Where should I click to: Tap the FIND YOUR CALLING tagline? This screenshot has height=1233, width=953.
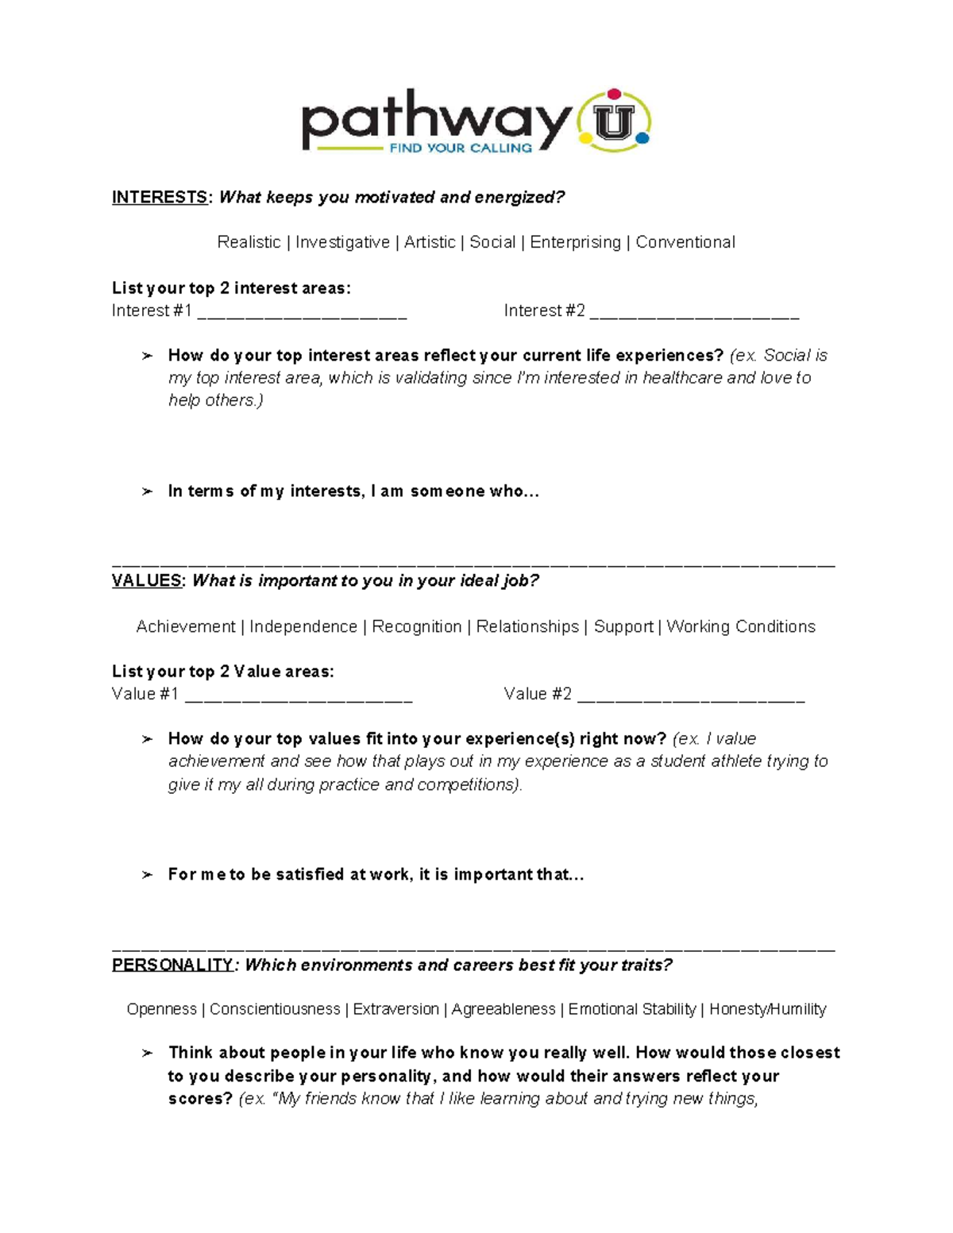pos(461,148)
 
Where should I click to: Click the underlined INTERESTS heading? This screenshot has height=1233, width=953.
pos(160,197)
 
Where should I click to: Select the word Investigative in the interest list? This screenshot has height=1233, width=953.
pos(342,242)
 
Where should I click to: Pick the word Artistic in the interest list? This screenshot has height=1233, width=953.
pos(430,242)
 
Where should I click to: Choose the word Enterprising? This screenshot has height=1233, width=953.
pos(575,242)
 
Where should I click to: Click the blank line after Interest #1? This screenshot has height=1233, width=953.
pos(302,313)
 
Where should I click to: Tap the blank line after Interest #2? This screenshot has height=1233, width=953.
pos(694,313)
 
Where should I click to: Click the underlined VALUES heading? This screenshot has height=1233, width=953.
pos(147,580)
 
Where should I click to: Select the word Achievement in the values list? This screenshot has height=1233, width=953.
pos(186,626)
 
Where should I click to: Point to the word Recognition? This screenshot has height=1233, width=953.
pos(416,626)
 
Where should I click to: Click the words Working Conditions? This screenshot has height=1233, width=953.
pos(741,626)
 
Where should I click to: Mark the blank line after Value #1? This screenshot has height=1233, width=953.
pos(299,696)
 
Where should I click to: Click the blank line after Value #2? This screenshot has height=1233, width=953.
pos(691,696)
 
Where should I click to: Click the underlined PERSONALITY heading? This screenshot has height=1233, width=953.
pos(172,965)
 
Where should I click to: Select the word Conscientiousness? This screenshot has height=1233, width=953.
pos(275,1009)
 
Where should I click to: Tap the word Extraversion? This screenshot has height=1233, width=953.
pos(395,1009)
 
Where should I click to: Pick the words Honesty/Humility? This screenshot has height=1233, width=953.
pos(767,1009)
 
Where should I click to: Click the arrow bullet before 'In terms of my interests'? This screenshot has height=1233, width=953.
pos(147,492)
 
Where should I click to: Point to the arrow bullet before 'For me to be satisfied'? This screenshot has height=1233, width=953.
pos(147,875)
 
